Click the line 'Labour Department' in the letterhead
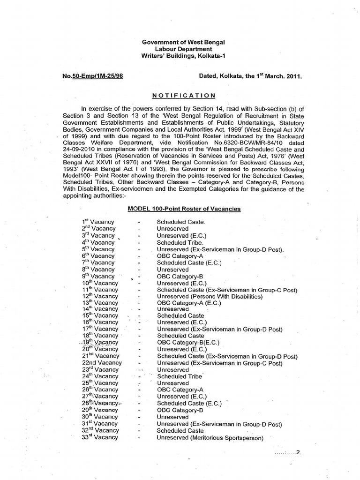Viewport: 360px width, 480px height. pyautogui.click(x=183, y=49)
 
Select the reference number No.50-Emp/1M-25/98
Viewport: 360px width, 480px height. pyautogui.click(x=91, y=75)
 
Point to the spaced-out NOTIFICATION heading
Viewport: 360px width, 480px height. pyautogui.click(x=183, y=95)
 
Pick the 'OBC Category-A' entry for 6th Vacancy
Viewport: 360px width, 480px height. pyautogui.click(x=180, y=256)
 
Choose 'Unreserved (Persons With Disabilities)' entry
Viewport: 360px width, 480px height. pyautogui.click(x=210, y=296)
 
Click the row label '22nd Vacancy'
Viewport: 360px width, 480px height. pyautogui.click(x=102, y=363)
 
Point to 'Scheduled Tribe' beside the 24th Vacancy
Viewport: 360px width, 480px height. pyautogui.click(x=180, y=376)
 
